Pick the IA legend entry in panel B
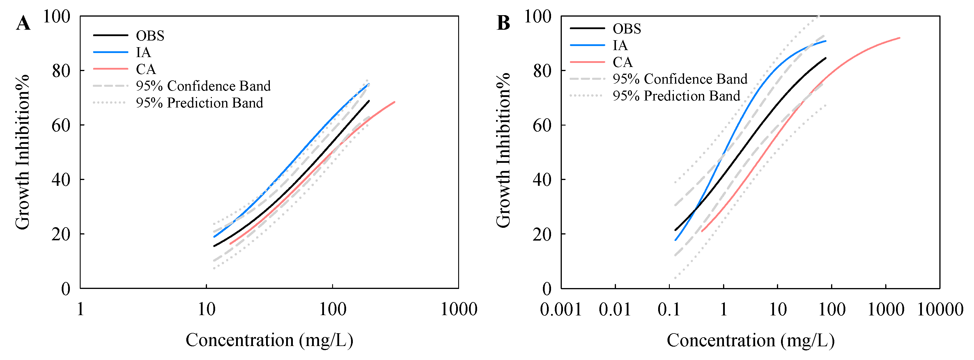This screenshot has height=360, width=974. click(620, 45)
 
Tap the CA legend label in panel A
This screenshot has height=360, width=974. click(146, 69)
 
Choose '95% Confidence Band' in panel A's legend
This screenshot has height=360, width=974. click(203, 86)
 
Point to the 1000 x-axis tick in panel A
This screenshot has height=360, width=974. click(459, 309)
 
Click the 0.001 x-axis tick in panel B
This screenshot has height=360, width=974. click(561, 309)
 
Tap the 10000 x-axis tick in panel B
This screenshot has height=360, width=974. click(940, 309)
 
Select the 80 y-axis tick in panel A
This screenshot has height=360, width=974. click(61, 71)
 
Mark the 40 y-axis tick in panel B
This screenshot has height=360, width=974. click(542, 180)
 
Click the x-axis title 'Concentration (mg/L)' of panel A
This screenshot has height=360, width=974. click(269, 340)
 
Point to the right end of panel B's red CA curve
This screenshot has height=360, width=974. click(899, 38)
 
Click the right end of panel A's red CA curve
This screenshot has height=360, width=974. click(394, 102)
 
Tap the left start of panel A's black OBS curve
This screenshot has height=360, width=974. click(214, 246)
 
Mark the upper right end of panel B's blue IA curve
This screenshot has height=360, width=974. click(826, 41)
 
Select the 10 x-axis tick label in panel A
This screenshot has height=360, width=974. click(206, 309)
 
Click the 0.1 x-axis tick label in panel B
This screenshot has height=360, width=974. click(669, 309)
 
